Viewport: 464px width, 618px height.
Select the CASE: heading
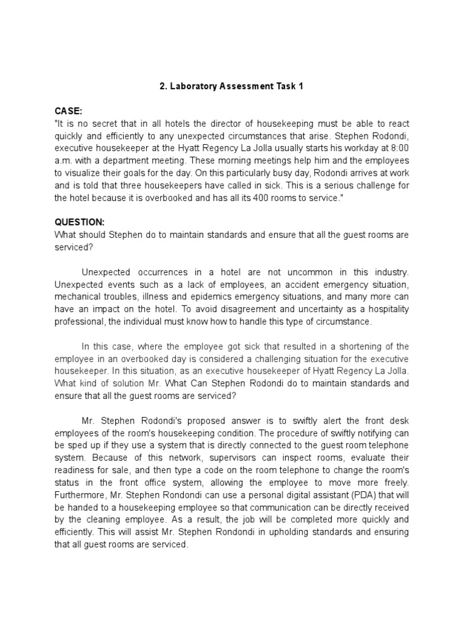pyautogui.click(x=68, y=111)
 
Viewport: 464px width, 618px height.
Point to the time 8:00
pyautogui.click(x=398, y=146)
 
